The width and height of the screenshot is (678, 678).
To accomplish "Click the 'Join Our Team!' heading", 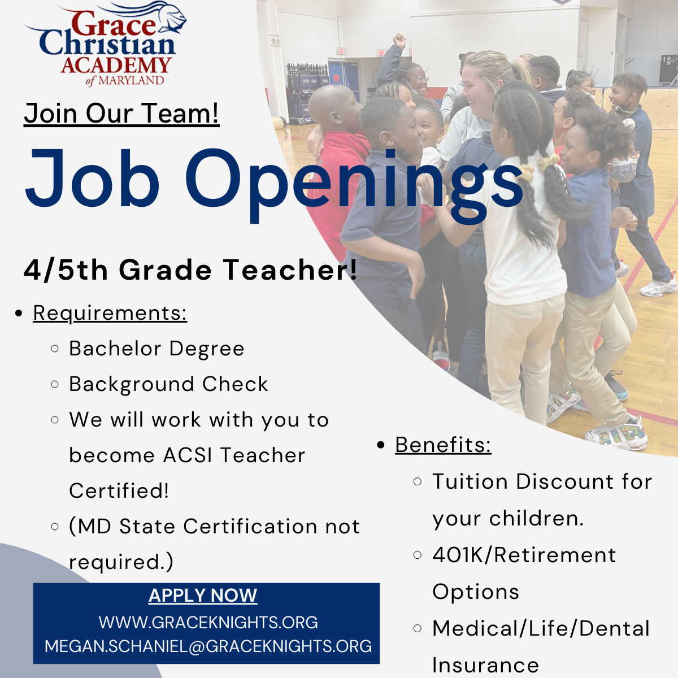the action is [121, 114].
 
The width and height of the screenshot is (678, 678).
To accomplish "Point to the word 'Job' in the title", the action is [92, 179].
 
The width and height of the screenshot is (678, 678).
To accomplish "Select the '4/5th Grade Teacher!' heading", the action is [190, 270].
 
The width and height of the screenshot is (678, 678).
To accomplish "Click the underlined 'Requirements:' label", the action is [110, 313].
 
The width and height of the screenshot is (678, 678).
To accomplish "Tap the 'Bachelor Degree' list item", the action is [157, 349].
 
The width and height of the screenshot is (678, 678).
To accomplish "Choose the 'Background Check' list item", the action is [168, 384].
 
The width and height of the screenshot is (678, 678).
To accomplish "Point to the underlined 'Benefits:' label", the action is [444, 445].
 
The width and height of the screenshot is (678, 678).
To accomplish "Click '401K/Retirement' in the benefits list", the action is [524, 555].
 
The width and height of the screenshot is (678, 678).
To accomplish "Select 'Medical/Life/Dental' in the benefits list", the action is [541, 628].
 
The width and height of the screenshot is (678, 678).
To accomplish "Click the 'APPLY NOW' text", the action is [203, 596].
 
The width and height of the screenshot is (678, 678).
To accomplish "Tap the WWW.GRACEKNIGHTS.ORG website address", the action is [208, 622].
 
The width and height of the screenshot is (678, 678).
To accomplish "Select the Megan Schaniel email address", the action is [208, 646].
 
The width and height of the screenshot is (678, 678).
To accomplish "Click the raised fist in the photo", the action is [399, 41].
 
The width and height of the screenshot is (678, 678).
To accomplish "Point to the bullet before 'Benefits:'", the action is [380, 445].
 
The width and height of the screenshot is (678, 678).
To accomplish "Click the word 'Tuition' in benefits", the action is [470, 481].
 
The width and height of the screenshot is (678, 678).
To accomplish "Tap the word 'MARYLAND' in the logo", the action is [131, 81].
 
